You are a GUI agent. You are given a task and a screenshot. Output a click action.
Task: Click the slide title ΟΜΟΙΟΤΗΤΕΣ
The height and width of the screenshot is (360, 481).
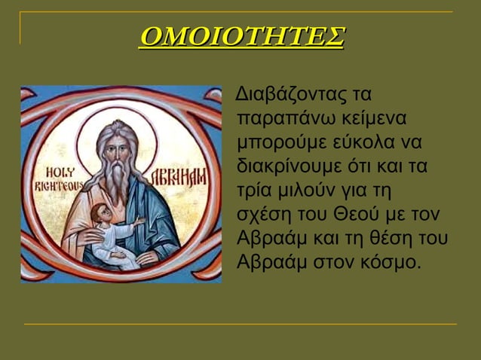click(241, 35)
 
